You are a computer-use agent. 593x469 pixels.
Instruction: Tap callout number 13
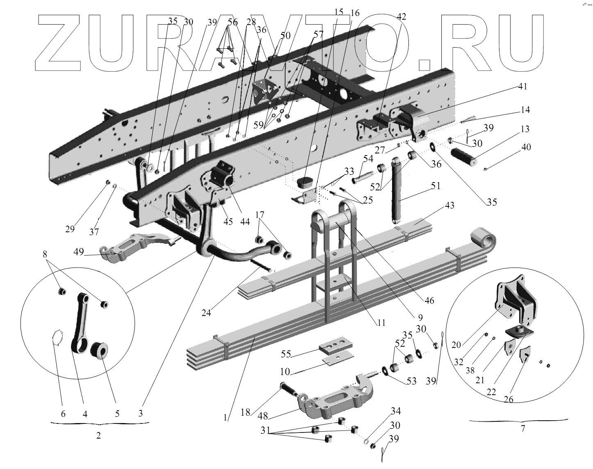tap(524, 129)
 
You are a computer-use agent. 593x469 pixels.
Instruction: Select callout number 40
tap(526, 147)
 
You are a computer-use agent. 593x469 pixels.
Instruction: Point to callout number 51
tap(435, 186)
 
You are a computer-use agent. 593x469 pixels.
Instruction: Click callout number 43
tap(449, 205)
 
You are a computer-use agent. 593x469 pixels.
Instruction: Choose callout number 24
tap(206, 313)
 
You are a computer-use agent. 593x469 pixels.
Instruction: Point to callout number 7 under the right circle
tap(522, 429)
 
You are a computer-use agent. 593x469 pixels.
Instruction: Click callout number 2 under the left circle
tap(98, 436)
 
